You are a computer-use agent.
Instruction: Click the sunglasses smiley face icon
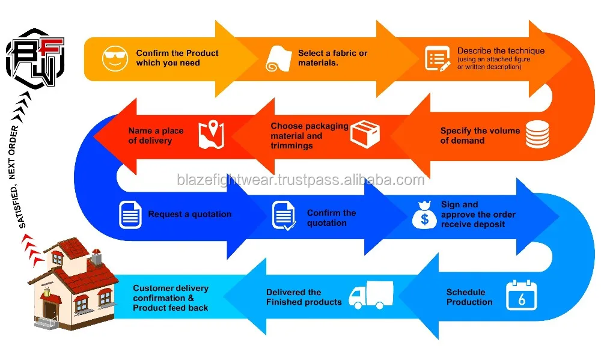(x=115, y=58)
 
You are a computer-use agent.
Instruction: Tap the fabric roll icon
(x=279, y=58)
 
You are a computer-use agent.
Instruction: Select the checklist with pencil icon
(x=438, y=59)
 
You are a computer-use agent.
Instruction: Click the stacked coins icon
(x=537, y=134)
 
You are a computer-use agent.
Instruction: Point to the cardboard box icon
(x=365, y=134)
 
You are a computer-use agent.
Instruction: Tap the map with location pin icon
(x=211, y=135)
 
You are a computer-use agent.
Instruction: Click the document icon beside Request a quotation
(x=130, y=215)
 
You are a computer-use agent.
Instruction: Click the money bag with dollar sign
(x=424, y=215)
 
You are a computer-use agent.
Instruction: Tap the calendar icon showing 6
(x=521, y=296)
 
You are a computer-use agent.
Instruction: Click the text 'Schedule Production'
(x=469, y=297)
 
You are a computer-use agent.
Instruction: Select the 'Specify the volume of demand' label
(x=480, y=135)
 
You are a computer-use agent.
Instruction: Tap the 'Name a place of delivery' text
(x=156, y=135)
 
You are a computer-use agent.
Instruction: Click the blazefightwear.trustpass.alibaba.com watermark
(x=300, y=180)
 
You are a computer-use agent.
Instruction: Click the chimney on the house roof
(x=95, y=259)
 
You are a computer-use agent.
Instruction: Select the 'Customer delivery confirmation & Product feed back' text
(x=171, y=297)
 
